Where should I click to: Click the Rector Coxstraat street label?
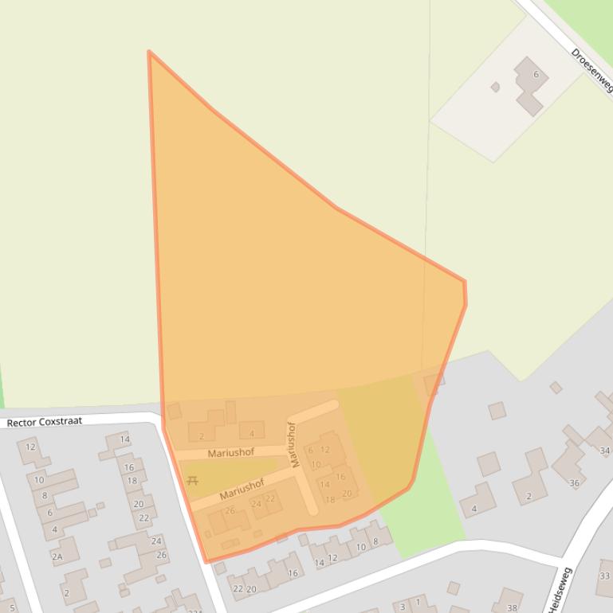pos(45,422)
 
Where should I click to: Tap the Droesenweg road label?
pos(591,68)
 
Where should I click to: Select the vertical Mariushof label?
pos(293,443)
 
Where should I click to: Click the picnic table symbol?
pos(191,480)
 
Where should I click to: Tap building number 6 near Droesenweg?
pos(536,75)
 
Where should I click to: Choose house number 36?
pos(574,482)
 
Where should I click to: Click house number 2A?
pos(57,556)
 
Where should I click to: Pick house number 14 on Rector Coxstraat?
pos(124,439)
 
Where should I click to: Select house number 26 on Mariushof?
pos(230,510)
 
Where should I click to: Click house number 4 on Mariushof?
pos(252,434)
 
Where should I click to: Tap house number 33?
pos(604,576)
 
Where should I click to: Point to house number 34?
pos(604,451)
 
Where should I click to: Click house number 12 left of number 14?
pos(332,557)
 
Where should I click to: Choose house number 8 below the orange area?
pos(375,541)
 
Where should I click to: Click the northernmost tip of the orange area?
pos(149,53)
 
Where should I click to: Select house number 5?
pos(12,607)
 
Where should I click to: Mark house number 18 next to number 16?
pos(132,480)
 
